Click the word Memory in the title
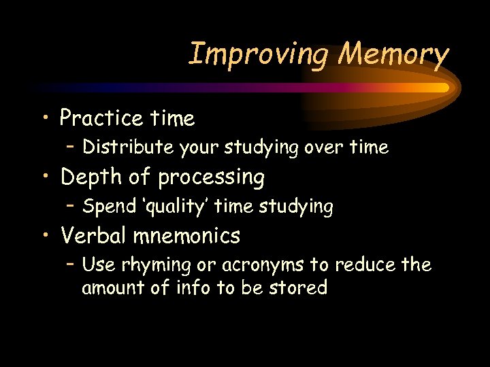pyautogui.click(x=395, y=54)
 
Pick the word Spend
pyautogui.click(x=105, y=205)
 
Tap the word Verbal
pyautogui.click(x=93, y=236)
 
